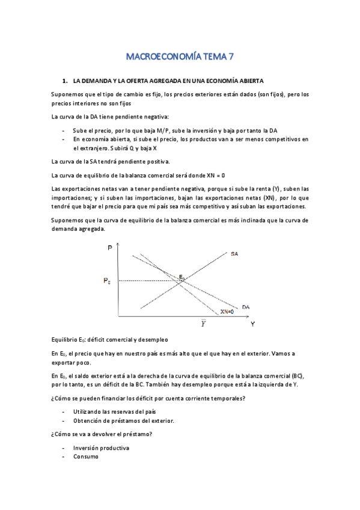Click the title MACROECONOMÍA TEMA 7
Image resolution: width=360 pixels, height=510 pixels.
tap(180, 58)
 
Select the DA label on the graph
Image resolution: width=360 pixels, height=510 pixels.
tap(246, 307)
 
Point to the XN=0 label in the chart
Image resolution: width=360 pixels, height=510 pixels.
tap(227, 312)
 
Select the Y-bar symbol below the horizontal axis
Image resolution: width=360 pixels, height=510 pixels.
tap(204, 324)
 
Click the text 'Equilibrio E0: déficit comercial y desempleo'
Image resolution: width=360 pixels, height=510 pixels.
tap(109, 340)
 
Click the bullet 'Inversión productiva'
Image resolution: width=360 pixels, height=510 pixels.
tap(101, 449)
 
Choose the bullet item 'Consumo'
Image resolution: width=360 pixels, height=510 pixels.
tap(86, 456)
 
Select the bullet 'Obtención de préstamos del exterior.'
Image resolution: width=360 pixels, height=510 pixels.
tap(123, 420)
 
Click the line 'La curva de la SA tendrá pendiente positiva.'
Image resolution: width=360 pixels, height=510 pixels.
tap(111, 161)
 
